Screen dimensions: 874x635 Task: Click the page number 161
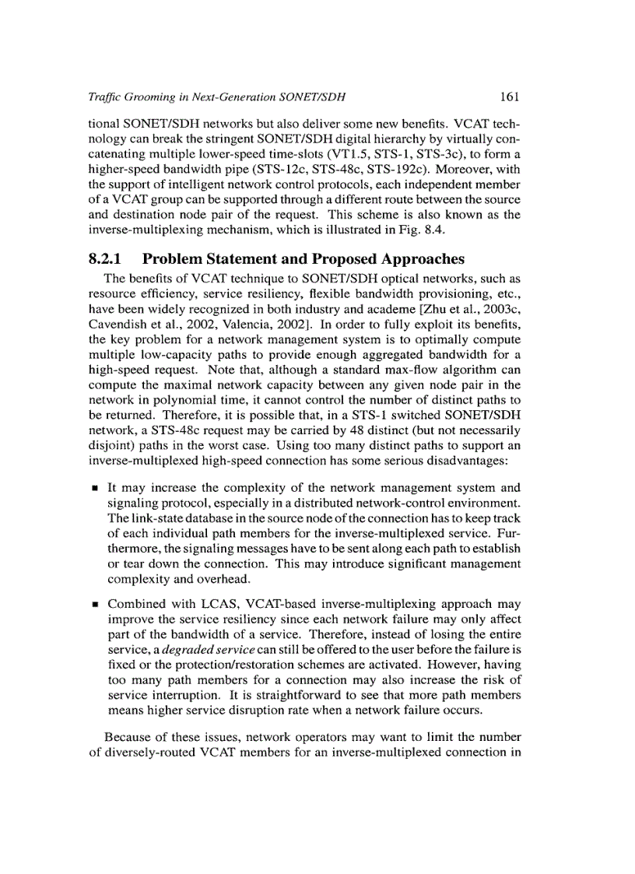pos(510,97)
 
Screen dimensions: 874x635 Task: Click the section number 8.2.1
pos(109,259)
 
